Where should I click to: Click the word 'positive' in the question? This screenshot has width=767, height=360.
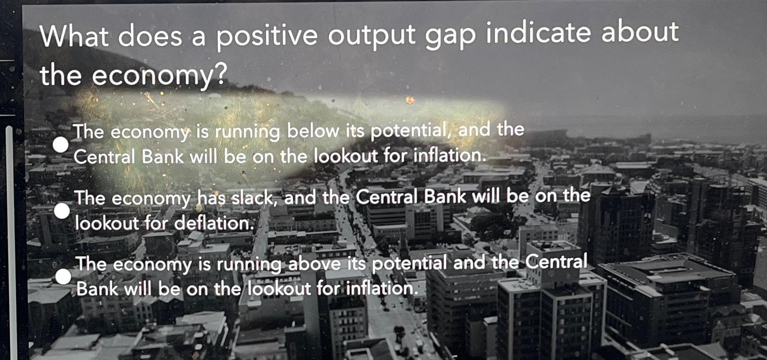point(267,36)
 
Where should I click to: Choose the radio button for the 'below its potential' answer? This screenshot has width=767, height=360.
point(60,145)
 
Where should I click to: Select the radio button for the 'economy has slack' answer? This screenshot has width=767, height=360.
point(62,211)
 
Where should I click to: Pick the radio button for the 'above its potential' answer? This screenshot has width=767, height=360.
point(63,276)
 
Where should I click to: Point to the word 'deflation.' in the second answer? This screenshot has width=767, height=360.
point(215,223)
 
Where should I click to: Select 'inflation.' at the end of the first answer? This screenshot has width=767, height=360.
point(450,154)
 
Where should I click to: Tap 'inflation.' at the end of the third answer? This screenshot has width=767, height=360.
point(383,288)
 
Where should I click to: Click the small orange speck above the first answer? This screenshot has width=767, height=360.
point(409,100)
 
